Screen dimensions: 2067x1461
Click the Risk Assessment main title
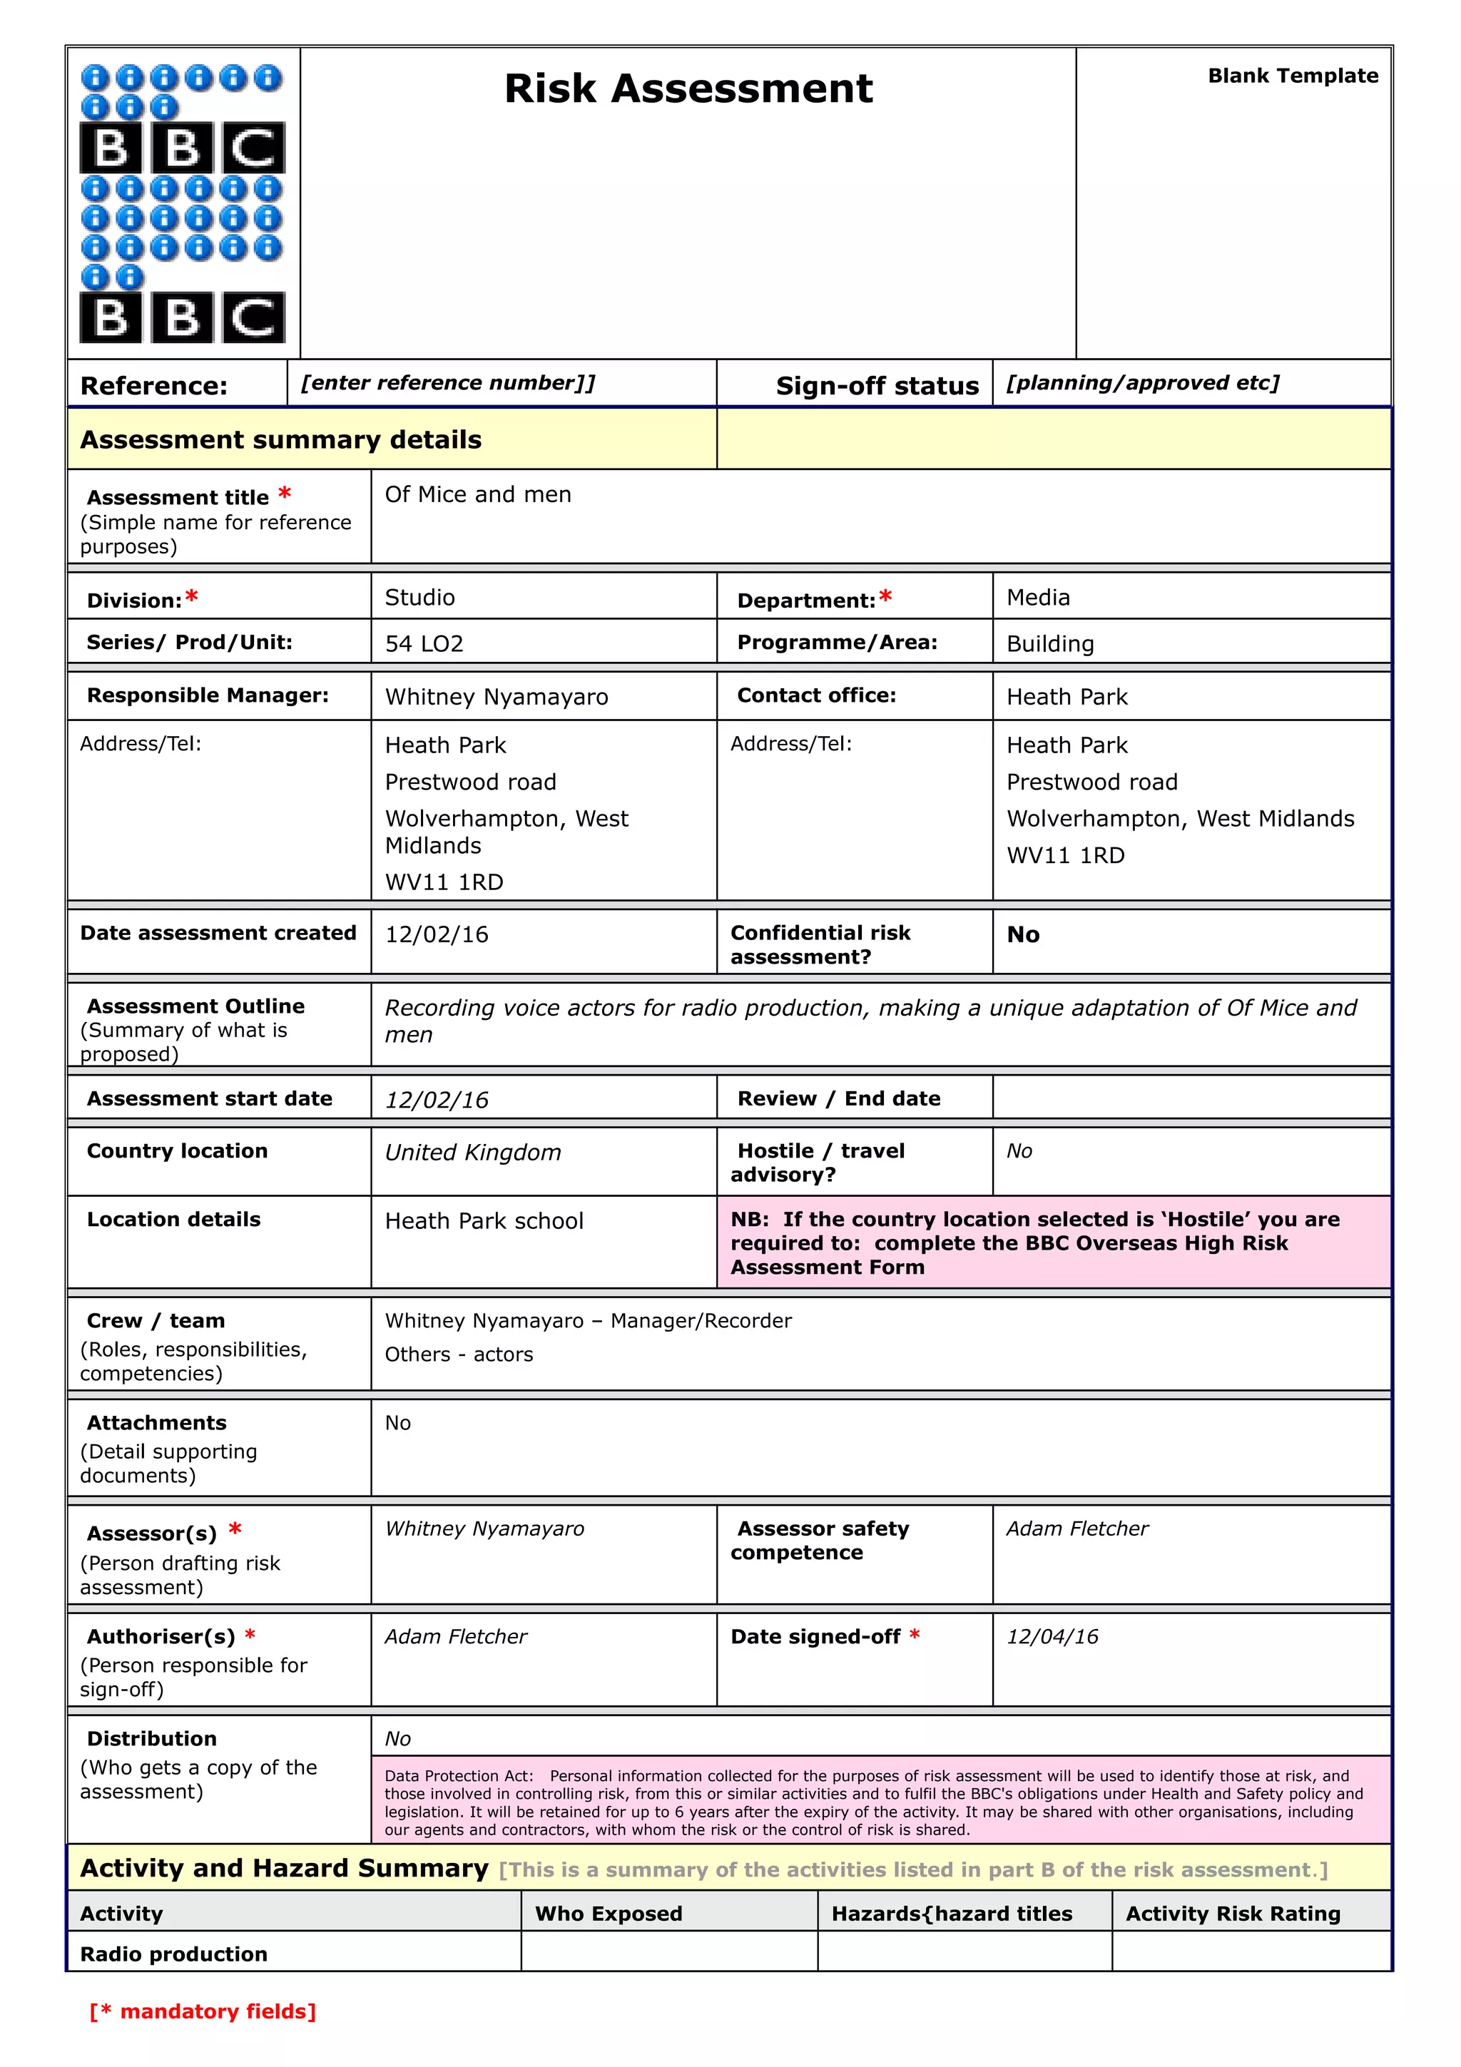[x=688, y=88]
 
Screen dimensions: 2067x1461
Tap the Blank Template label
[x=1292, y=76]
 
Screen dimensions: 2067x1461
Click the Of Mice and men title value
[x=477, y=494]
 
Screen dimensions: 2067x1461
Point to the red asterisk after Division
[x=192, y=597]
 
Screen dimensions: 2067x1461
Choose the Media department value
[x=1037, y=598]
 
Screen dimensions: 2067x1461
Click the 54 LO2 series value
[x=424, y=643]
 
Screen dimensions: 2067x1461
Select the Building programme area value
[x=1049, y=643]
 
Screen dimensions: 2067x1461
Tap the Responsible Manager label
[x=207, y=695]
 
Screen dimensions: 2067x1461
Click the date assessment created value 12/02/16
[x=437, y=934]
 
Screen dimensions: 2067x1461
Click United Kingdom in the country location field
[x=472, y=1153]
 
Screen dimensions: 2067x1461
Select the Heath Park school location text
[x=484, y=1221]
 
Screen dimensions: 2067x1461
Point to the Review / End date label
[x=838, y=1098]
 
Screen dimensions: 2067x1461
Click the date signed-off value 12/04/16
[x=1052, y=1637]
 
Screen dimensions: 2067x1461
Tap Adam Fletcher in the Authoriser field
[x=456, y=1637]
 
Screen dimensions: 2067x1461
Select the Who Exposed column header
[x=609, y=1913]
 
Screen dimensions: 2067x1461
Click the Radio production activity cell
[x=174, y=1954]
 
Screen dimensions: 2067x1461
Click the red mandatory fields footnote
[x=203, y=2011]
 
